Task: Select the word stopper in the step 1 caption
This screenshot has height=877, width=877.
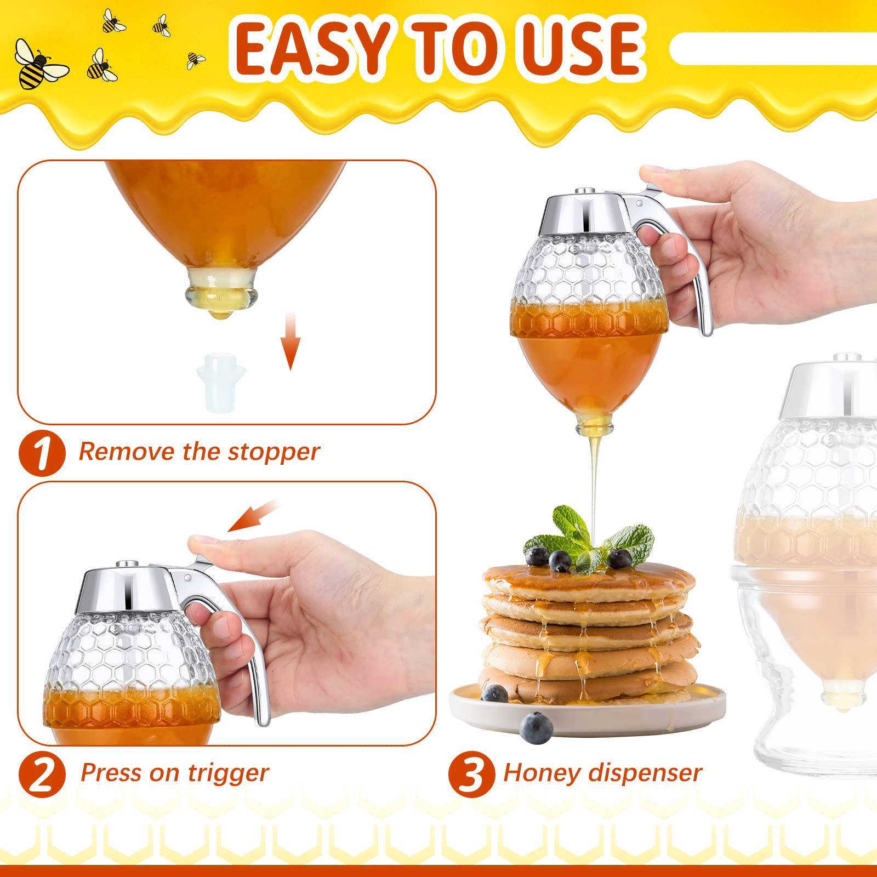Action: pos(274,452)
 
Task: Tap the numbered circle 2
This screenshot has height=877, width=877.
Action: pos(42,775)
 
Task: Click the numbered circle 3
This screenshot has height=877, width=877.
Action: pos(471,775)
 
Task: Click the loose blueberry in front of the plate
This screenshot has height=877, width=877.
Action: pos(536,728)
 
